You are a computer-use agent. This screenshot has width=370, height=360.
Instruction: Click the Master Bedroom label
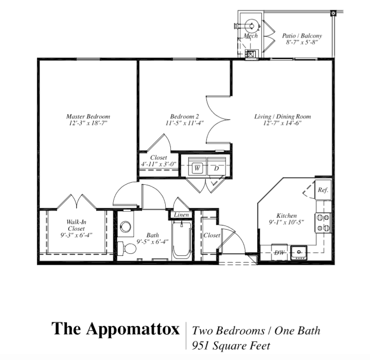(88, 116)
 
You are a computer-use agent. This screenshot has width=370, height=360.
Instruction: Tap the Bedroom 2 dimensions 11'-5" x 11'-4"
(185, 123)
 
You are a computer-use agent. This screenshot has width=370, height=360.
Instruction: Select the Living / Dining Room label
(283, 116)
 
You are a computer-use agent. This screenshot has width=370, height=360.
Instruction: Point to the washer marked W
(197, 168)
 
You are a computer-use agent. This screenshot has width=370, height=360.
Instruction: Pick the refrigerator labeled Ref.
(323, 190)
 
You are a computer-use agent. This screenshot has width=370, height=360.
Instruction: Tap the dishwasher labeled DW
(279, 252)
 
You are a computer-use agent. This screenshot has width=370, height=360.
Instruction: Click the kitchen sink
(299, 253)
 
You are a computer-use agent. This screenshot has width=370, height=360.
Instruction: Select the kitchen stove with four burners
(324, 222)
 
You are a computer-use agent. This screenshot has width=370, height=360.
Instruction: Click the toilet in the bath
(127, 248)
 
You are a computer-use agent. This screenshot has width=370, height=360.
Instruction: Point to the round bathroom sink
(125, 227)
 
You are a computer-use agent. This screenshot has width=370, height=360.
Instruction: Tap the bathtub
(182, 241)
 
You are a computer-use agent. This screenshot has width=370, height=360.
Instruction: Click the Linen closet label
(182, 215)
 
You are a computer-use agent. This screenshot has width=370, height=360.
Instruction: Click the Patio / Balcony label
(302, 36)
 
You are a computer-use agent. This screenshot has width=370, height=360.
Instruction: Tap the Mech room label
(251, 36)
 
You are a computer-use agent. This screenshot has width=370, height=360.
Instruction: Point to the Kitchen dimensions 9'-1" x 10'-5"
(286, 222)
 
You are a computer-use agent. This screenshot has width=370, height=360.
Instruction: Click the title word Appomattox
(133, 329)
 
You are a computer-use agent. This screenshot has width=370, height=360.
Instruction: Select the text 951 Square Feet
(231, 346)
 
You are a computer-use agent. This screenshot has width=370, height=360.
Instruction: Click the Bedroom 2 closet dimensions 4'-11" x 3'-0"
(158, 164)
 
